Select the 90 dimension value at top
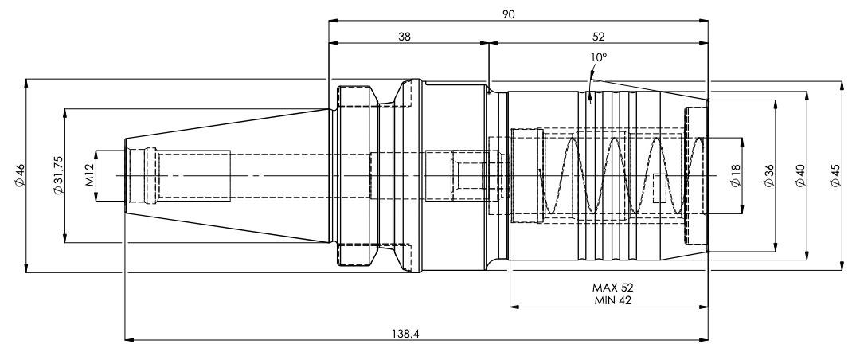coord(508,14)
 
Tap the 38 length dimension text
coord(405,37)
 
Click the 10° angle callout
coord(599,57)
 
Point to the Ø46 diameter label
coord(20,175)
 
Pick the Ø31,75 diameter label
coord(58,175)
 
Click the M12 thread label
coord(90,175)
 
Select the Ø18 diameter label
coord(736,175)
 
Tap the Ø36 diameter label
coord(769,175)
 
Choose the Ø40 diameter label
coord(800,175)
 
